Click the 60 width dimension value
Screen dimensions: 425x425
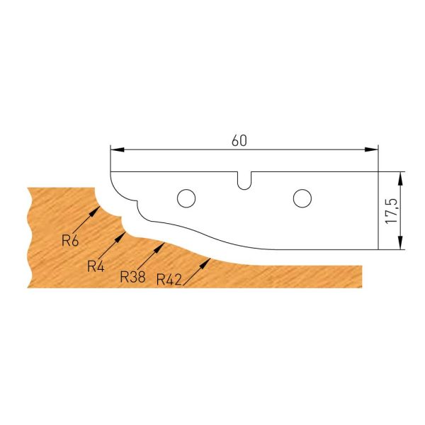click(239, 140)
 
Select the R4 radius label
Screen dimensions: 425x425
click(96, 266)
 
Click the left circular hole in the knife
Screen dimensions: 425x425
click(186, 196)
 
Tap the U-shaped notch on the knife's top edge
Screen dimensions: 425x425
click(244, 180)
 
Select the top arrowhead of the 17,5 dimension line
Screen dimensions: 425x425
click(401, 176)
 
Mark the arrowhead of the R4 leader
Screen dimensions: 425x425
click(125, 232)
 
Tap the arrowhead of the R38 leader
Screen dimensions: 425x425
click(163, 243)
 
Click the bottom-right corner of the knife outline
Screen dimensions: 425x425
click(378, 249)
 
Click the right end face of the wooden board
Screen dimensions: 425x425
click(363, 276)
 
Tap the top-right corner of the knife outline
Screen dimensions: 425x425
click(378, 171)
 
